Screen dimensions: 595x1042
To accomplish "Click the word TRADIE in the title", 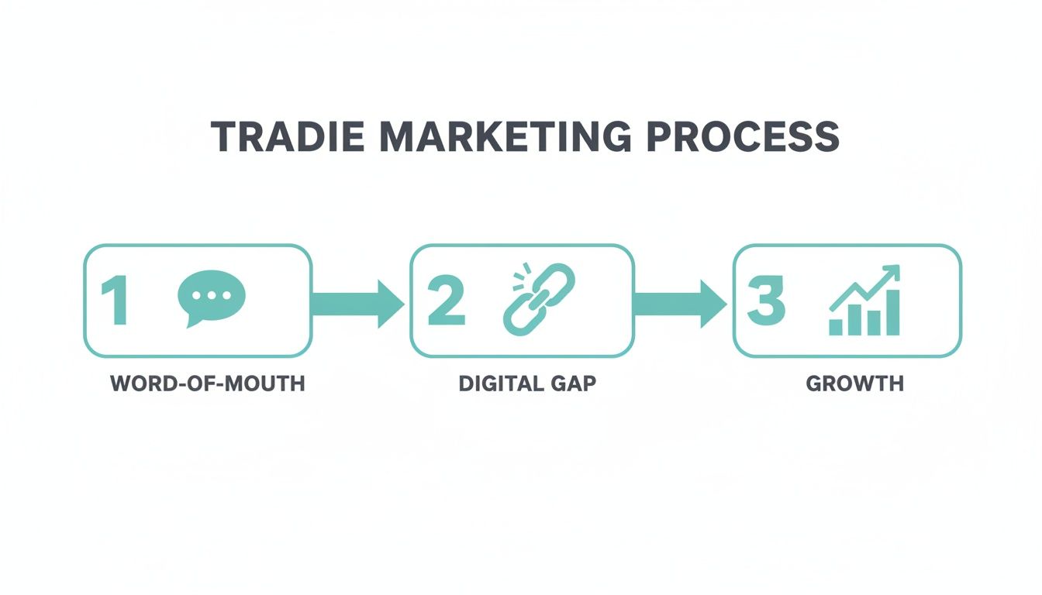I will [x=285, y=136].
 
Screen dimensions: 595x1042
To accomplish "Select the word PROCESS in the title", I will [x=743, y=136].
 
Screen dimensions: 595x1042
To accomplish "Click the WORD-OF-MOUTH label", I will [x=208, y=383].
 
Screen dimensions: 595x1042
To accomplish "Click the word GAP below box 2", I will [x=573, y=383].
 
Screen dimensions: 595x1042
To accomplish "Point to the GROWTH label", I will [x=855, y=383].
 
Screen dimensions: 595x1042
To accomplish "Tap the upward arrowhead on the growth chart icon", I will [x=892, y=273].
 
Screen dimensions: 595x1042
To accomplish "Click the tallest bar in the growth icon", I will [x=892, y=313].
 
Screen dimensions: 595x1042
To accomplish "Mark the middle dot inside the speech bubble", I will [x=211, y=294].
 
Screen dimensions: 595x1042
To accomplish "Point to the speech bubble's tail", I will [x=191, y=321].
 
